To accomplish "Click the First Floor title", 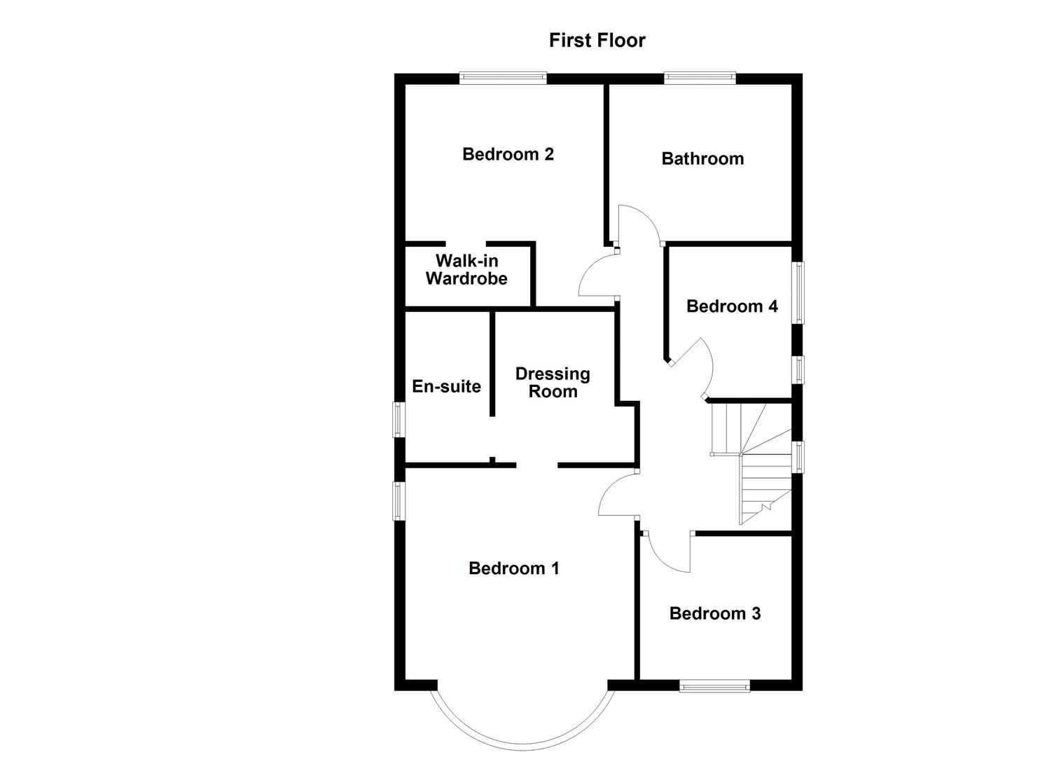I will coord(597,41).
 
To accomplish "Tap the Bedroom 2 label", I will coord(508,154).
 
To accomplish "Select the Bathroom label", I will coord(702,158).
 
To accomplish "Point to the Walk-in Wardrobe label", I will coord(466,270).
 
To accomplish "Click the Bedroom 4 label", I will coord(732,306).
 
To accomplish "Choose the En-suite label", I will coord(446,386).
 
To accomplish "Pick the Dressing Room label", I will coord(553,383).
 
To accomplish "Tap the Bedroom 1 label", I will coord(513,568).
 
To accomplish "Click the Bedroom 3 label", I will coord(714,614).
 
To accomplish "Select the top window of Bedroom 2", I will coord(502,78).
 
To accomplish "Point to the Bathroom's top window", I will coord(700,78).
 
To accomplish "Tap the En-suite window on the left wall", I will coord(398,419).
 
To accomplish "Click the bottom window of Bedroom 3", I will coord(714,686).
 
